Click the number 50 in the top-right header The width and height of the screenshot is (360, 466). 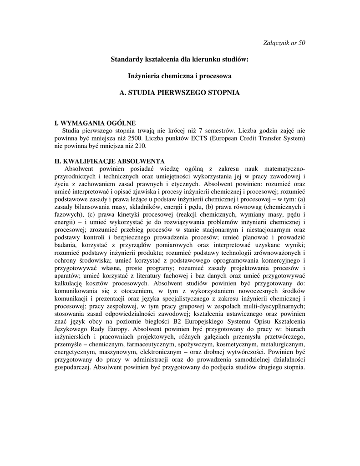(x=301, y=43)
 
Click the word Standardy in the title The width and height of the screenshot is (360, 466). (x=128, y=60)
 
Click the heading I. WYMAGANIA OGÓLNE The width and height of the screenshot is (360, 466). (x=95, y=123)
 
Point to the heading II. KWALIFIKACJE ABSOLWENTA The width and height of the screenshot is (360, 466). (x=109, y=161)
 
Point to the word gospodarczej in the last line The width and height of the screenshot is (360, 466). (x=71, y=368)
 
